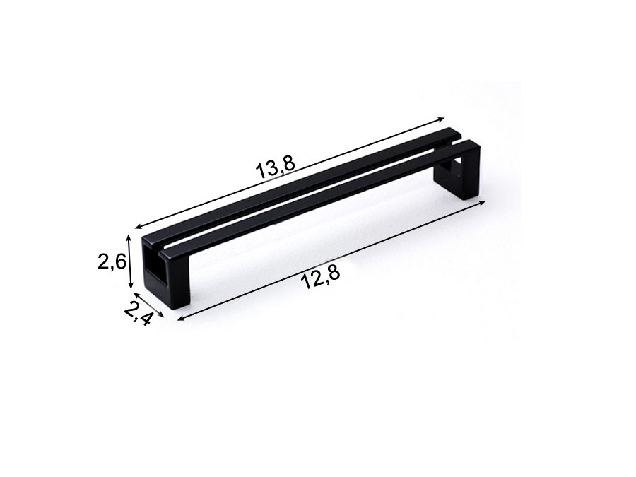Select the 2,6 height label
tap(112, 262)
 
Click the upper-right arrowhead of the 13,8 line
tap(441, 119)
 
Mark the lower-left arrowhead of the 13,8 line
tap(140, 227)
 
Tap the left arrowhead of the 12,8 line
tap(182, 319)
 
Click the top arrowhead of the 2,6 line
tap(130, 237)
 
